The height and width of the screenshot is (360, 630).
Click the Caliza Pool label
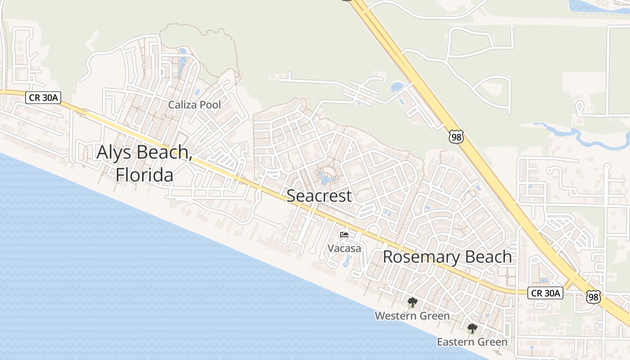point(194,105)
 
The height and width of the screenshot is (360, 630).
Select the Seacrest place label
point(319,196)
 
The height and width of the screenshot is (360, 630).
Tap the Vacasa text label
point(344,248)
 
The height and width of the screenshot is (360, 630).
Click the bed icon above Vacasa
point(344,234)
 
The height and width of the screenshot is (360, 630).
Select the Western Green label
point(412,316)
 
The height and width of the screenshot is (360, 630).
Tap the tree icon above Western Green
point(412,302)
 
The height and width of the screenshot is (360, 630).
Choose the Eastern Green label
point(472,342)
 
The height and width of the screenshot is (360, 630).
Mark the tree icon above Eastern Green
point(472,328)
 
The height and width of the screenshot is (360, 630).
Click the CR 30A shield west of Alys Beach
point(43,97)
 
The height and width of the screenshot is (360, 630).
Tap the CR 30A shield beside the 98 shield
point(545,293)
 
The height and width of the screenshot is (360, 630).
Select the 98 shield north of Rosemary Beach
point(456,137)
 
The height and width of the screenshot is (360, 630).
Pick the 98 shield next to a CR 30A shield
point(594,297)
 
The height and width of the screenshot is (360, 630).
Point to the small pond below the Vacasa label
point(347,261)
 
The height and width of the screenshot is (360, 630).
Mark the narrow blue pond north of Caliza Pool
point(182,63)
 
